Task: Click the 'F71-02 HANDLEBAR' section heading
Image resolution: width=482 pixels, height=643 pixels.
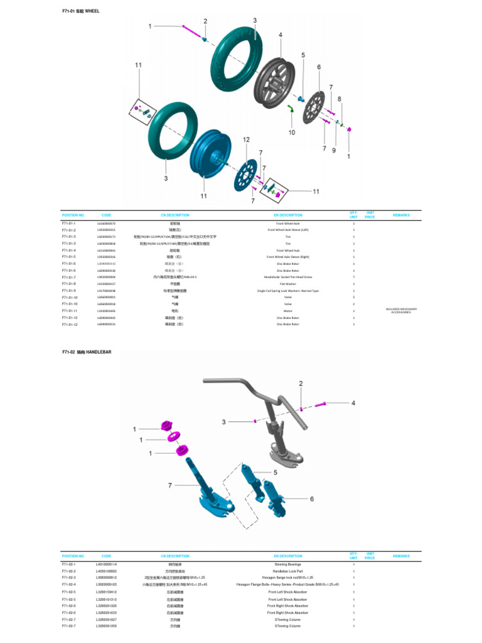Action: pyautogui.click(x=86, y=352)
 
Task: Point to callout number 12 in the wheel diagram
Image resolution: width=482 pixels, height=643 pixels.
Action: pyautogui.click(x=246, y=139)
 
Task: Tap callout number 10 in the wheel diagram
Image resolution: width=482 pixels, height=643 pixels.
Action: pyautogui.click(x=291, y=132)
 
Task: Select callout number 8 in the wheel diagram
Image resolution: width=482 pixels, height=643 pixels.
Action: pyautogui.click(x=340, y=99)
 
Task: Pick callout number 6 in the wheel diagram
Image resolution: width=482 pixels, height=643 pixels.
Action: pyautogui.click(x=319, y=67)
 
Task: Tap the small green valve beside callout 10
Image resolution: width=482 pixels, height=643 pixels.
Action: pyautogui.click(x=292, y=111)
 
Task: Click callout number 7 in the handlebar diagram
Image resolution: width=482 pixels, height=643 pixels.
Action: pyautogui.click(x=169, y=485)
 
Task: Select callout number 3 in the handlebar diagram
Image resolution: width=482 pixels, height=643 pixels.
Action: pyautogui.click(x=223, y=422)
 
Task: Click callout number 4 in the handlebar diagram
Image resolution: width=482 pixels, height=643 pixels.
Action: pyautogui.click(x=353, y=403)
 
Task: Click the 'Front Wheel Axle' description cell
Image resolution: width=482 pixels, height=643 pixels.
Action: pyautogui.click(x=288, y=224)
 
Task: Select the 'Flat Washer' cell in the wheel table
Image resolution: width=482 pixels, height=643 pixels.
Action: pyautogui.click(x=288, y=284)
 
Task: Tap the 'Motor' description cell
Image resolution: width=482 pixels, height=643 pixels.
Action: pyautogui.click(x=288, y=311)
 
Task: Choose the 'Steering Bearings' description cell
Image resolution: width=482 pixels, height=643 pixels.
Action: pyautogui.click(x=288, y=565)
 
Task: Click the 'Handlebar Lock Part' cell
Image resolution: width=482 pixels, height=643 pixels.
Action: pyautogui.click(x=288, y=571)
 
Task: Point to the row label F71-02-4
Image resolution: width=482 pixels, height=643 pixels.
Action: pyautogui.click(x=69, y=584)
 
